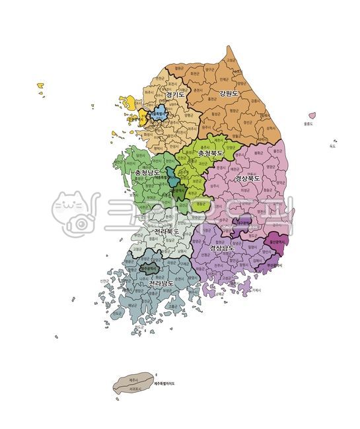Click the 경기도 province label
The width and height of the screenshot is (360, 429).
click(x=174, y=95)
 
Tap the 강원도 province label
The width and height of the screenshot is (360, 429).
click(x=229, y=93)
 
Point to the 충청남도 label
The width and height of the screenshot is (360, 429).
click(x=147, y=173)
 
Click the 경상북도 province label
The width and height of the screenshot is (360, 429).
click(x=247, y=178)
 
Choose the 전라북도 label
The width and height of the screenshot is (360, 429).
click(x=166, y=232)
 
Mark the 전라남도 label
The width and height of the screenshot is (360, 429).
click(x=161, y=283)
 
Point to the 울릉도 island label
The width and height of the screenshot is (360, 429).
click(x=308, y=123)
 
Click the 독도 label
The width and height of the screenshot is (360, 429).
click(x=332, y=147)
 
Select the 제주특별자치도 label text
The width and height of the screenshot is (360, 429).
click(x=165, y=383)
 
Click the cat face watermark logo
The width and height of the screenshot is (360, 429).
click(x=73, y=213)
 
